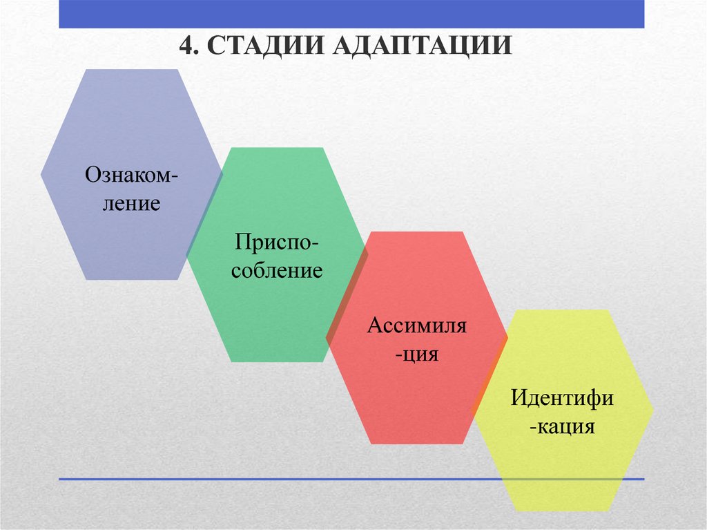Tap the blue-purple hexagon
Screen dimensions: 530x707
[x=124, y=124]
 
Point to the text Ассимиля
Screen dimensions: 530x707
[x=416, y=325]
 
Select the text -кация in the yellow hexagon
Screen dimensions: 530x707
[x=562, y=426]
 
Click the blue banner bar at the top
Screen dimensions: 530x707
[x=351, y=14]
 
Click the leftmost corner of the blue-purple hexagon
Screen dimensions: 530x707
[x=41, y=175]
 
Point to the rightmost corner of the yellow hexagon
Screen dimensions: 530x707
[x=653, y=410]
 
